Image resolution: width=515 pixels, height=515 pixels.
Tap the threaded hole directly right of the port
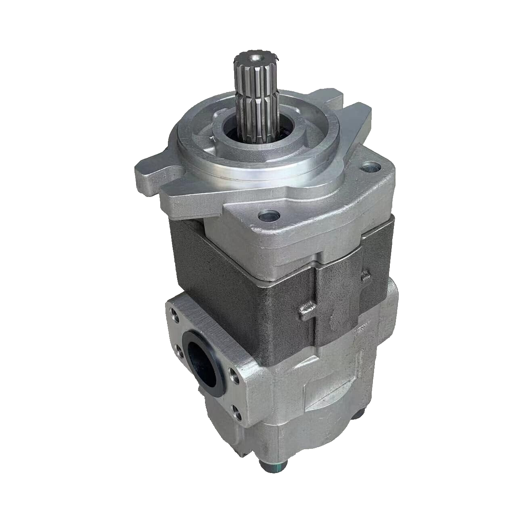pyautogui.click(x=233, y=376)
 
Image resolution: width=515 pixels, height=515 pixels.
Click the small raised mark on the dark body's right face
pyautogui.click(x=366, y=276)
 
